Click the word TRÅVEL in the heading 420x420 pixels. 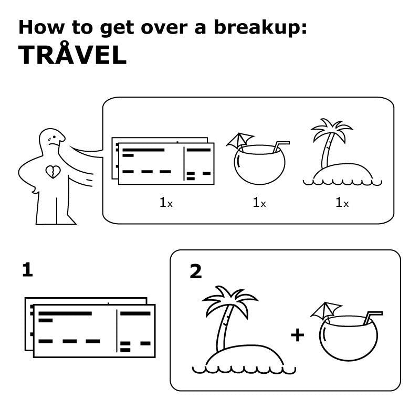[72, 54]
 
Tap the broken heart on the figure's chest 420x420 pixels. [53, 172]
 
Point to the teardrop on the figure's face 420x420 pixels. [49, 140]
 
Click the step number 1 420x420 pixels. [28, 270]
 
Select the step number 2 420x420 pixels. [195, 271]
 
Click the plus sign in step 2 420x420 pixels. [297, 335]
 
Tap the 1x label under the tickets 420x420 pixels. [166, 202]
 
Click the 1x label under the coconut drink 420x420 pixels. [259, 202]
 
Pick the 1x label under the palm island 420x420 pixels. [342, 202]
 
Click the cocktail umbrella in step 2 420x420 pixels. [325, 311]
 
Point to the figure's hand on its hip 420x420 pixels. [34, 189]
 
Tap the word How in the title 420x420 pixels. [41, 28]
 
